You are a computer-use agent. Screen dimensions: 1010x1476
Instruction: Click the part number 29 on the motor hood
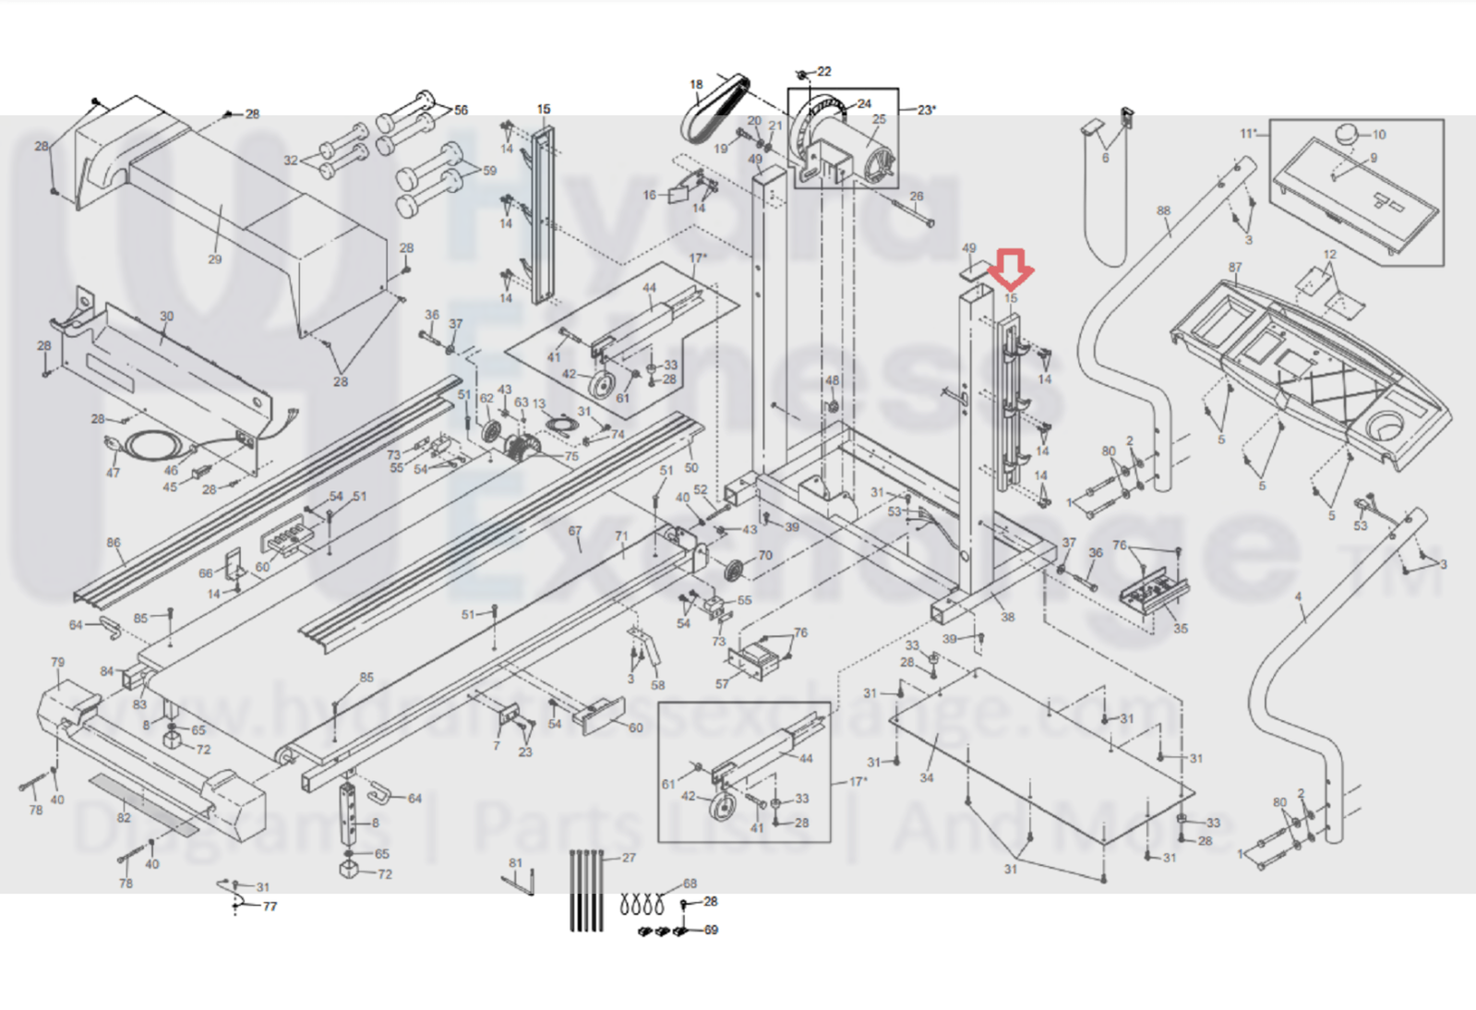215,259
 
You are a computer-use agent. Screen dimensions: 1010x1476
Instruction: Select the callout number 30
166,316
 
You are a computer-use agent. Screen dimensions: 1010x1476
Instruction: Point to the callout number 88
1163,210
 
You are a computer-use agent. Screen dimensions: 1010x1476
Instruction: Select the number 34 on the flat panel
926,777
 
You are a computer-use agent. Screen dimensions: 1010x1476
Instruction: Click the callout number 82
124,817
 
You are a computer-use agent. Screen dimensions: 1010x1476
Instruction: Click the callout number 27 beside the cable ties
629,858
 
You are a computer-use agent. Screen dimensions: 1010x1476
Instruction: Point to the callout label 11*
1248,134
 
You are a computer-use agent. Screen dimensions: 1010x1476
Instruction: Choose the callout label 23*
926,109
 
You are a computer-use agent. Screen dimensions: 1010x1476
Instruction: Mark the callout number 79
58,662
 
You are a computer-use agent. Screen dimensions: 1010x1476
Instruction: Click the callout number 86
114,543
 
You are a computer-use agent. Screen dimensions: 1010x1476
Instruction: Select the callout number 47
113,473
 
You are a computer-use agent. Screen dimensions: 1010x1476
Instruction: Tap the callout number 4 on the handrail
1298,597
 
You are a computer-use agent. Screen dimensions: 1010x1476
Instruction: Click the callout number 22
824,71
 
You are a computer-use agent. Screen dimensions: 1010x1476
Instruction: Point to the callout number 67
575,531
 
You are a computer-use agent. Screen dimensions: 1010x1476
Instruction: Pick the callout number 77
270,907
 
